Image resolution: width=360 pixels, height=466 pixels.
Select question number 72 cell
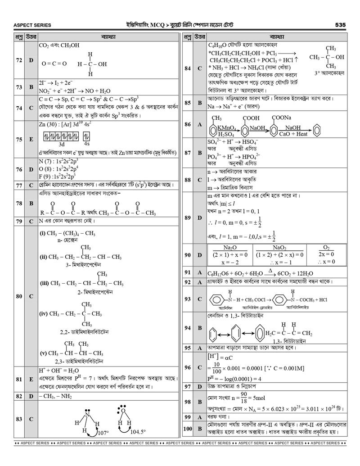pyautogui.click(x=18, y=60)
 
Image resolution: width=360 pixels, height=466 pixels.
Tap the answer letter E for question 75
pyautogui.click(x=31, y=140)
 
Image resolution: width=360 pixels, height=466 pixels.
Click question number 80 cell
pyautogui.click(x=18, y=296)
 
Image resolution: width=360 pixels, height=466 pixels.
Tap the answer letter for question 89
pyautogui.click(x=199, y=218)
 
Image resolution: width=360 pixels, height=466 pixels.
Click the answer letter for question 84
pyautogui.click(x=199, y=68)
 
